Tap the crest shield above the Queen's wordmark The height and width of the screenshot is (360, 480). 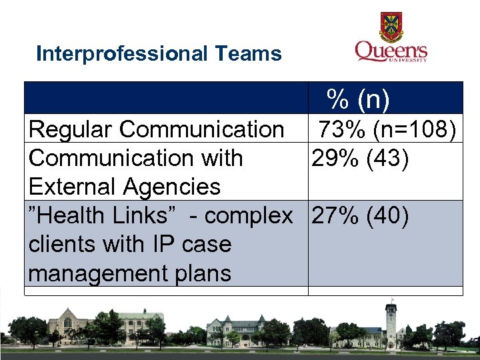pyautogui.click(x=391, y=27)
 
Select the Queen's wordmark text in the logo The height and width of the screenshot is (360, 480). pyautogui.click(x=391, y=50)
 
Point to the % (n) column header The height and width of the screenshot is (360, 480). pyautogui.click(x=358, y=99)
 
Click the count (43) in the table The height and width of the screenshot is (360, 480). pyautogui.click(x=386, y=159)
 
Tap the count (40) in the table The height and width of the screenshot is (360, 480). pyautogui.click(x=386, y=216)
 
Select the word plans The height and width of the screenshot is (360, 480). pyautogui.click(x=201, y=273)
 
